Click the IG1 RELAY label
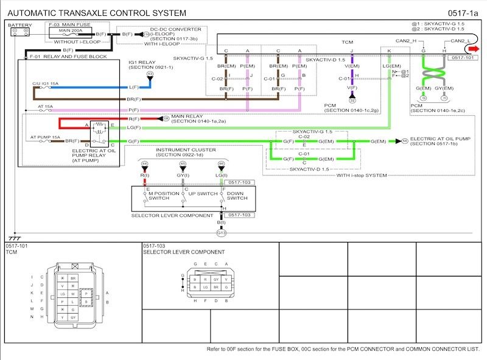(141, 62)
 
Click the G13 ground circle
(221, 233)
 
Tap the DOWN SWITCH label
(237, 195)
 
